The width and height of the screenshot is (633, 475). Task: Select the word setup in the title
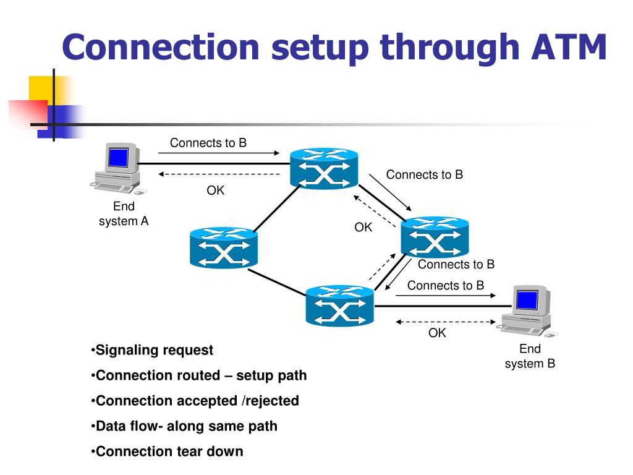320,48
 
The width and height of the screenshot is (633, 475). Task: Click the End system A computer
118,168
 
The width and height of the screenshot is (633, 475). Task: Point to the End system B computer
529,312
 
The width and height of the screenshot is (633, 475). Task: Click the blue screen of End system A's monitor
118,157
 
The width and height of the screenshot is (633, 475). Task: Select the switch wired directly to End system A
324,168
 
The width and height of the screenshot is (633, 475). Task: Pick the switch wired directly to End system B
339,306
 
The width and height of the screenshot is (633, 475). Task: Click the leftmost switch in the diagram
224,247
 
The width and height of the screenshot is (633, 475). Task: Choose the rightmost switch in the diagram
435,237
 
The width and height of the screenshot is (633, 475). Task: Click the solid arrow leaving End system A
219,153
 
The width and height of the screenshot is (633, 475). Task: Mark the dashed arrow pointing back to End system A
219,174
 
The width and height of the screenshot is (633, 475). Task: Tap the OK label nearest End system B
437,333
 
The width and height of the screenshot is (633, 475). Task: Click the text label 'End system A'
124,213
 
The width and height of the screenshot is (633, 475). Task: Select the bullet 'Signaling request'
152,350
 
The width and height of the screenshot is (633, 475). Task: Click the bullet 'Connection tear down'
167,451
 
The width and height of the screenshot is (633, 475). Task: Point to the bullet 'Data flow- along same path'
184,426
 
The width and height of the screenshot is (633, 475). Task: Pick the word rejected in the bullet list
272,401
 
